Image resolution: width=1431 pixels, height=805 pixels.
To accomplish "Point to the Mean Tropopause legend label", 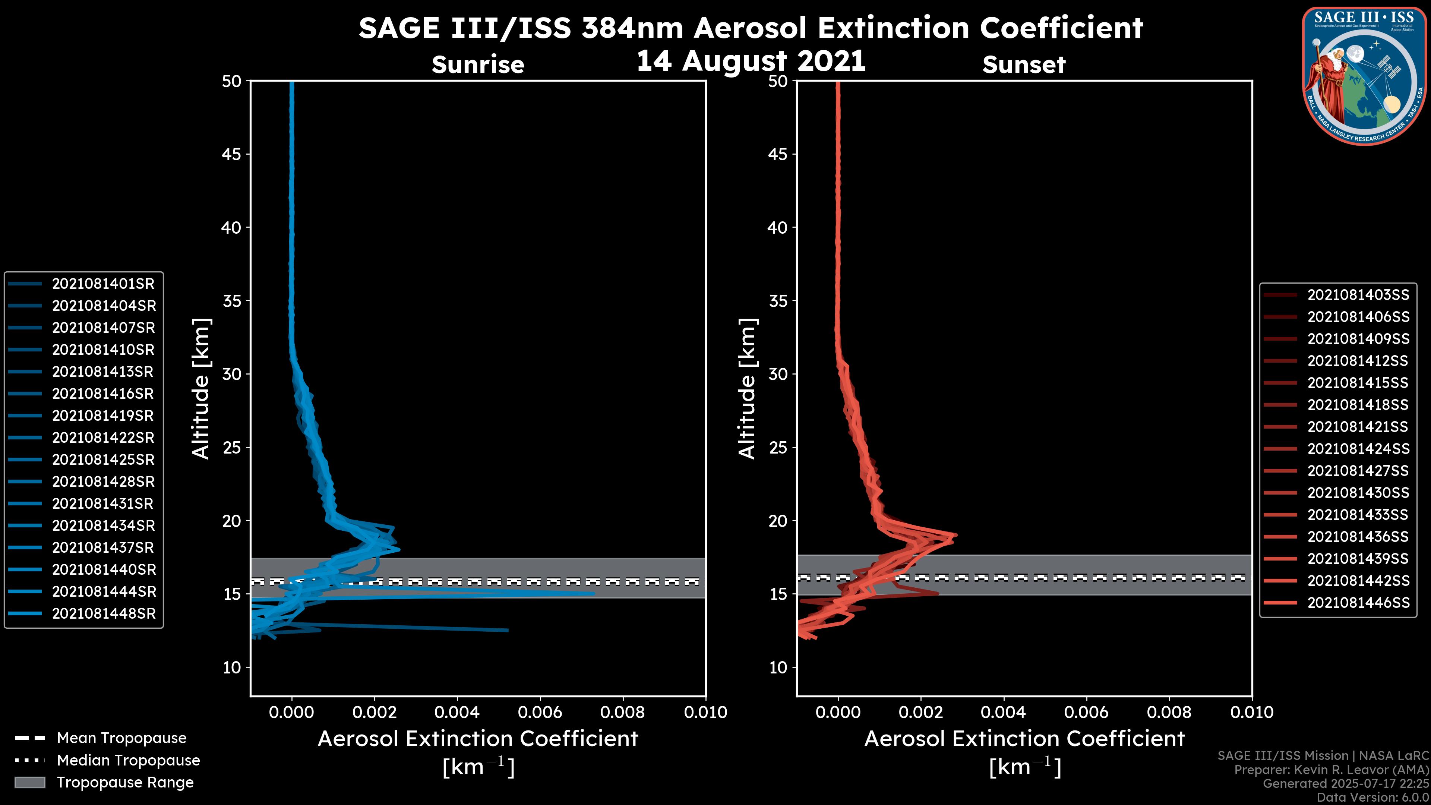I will pyautogui.click(x=121, y=738).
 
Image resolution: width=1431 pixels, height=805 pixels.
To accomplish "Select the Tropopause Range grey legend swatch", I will pyautogui.click(x=29, y=783).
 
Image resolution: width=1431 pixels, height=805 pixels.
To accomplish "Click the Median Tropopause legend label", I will pyautogui.click(x=128, y=761).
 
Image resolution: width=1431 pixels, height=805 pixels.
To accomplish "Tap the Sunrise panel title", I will pyautogui.click(x=478, y=65).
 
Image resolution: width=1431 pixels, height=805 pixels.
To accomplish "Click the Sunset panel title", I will pyautogui.click(x=1024, y=65).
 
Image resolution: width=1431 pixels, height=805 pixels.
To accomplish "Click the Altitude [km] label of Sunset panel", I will pyautogui.click(x=748, y=389).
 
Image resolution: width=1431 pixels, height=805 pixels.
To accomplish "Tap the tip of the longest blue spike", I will pyautogui.click(x=594, y=593).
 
